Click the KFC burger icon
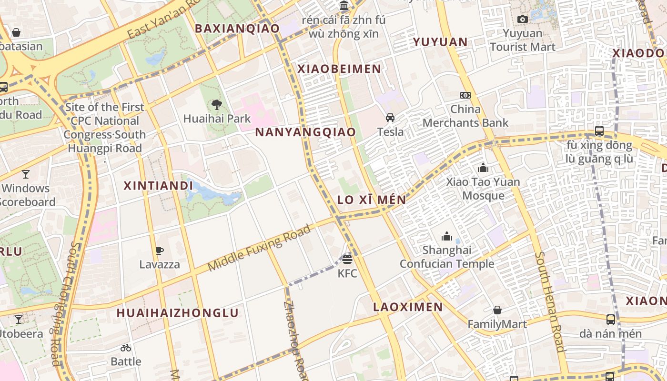347,260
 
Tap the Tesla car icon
390,118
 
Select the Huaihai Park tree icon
217,104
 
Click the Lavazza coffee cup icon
160,251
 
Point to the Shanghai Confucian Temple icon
447,236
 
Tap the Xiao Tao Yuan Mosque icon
483,168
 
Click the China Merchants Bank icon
465,95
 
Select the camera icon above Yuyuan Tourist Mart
523,19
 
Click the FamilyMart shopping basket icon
497,311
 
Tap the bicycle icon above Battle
126,348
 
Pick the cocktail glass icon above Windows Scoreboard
25,174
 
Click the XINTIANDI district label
158,186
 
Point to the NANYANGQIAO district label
305,132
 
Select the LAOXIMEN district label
408,307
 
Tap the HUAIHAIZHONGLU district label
177,313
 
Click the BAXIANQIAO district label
237,29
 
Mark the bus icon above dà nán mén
610,320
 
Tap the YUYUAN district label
440,42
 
